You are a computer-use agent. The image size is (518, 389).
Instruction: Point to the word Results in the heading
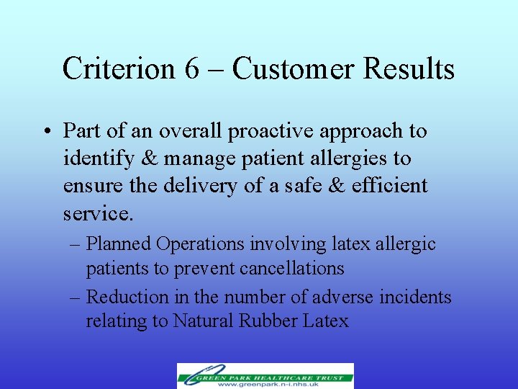coord(409,69)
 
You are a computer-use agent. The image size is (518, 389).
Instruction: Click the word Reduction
coord(126,296)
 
